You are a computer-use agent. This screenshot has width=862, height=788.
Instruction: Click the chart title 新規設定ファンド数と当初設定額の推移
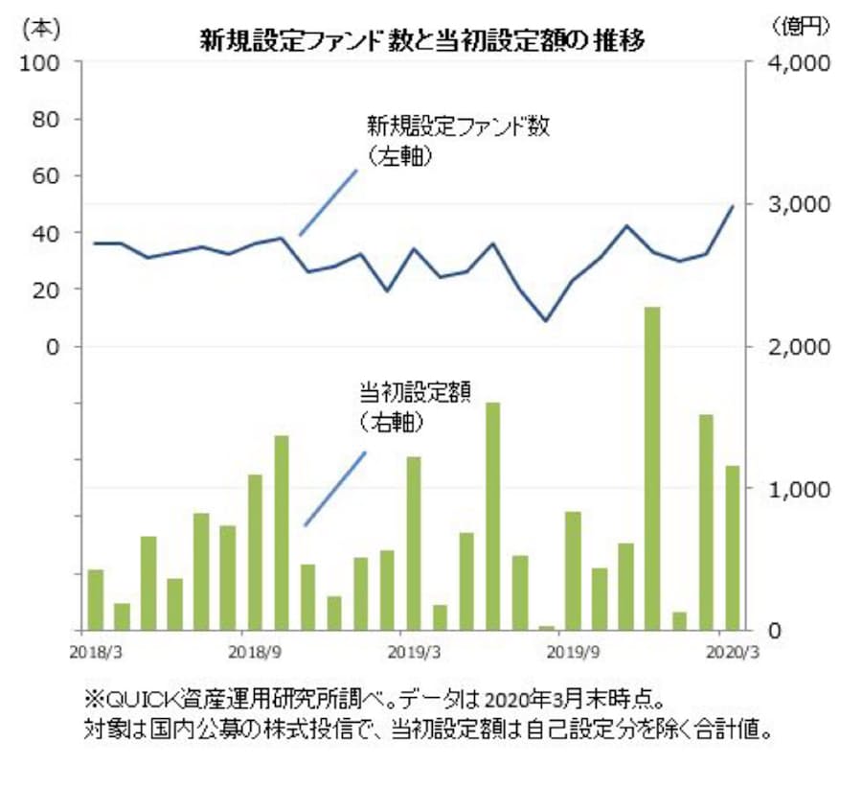[421, 40]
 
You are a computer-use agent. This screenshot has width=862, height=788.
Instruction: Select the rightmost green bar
[732, 547]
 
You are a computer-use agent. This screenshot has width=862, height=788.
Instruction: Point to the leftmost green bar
[95, 599]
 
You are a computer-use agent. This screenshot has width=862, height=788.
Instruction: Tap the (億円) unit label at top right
[800, 27]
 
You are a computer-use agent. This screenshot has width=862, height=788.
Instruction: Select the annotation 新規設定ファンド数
[459, 127]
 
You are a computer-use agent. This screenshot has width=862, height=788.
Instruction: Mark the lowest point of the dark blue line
[546, 320]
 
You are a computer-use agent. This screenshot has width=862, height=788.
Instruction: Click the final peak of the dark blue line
[732, 206]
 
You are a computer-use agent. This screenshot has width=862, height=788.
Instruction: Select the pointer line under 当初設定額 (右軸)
[335, 488]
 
